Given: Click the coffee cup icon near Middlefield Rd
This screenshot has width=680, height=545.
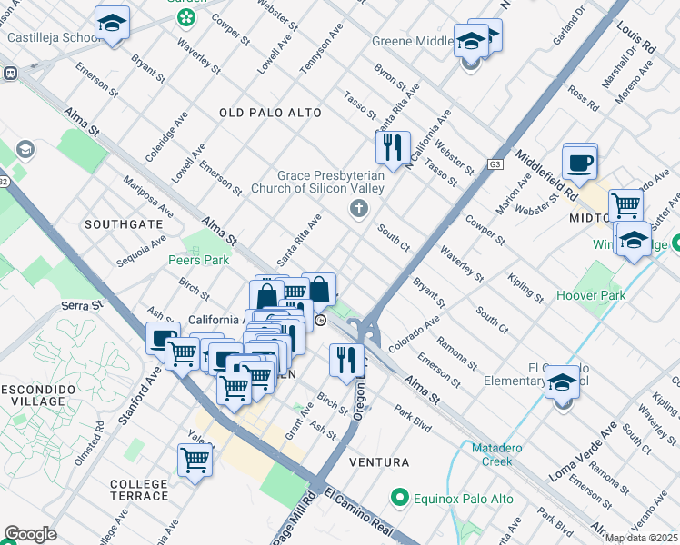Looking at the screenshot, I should [x=579, y=163].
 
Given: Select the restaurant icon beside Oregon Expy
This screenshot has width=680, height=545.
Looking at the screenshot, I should [x=345, y=360].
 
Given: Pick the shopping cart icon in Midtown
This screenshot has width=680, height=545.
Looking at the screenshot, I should [x=625, y=206].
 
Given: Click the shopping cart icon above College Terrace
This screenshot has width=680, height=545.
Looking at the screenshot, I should [x=195, y=459].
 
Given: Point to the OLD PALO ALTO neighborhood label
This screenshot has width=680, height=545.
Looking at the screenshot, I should [x=270, y=113].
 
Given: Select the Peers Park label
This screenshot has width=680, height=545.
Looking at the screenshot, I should [x=198, y=260].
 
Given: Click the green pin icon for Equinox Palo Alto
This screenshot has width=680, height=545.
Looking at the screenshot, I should [x=398, y=498].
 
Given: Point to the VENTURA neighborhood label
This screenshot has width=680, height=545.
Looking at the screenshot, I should [x=383, y=462].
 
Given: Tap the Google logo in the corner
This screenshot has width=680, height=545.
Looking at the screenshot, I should [x=30, y=534].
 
